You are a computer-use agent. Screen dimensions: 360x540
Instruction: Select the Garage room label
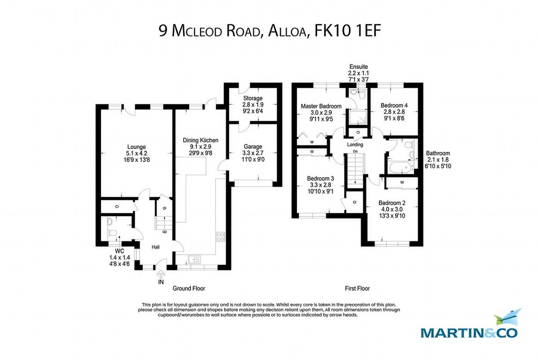(252, 146)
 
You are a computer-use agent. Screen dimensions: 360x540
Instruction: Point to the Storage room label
(252, 98)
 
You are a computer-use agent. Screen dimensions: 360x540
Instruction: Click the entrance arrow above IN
(161, 273)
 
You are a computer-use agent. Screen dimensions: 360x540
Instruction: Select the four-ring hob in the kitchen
(221, 237)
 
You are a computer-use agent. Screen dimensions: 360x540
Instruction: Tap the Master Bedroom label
(321, 106)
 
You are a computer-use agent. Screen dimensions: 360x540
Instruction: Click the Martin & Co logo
(469, 326)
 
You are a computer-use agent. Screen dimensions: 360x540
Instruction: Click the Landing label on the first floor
(355, 145)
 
